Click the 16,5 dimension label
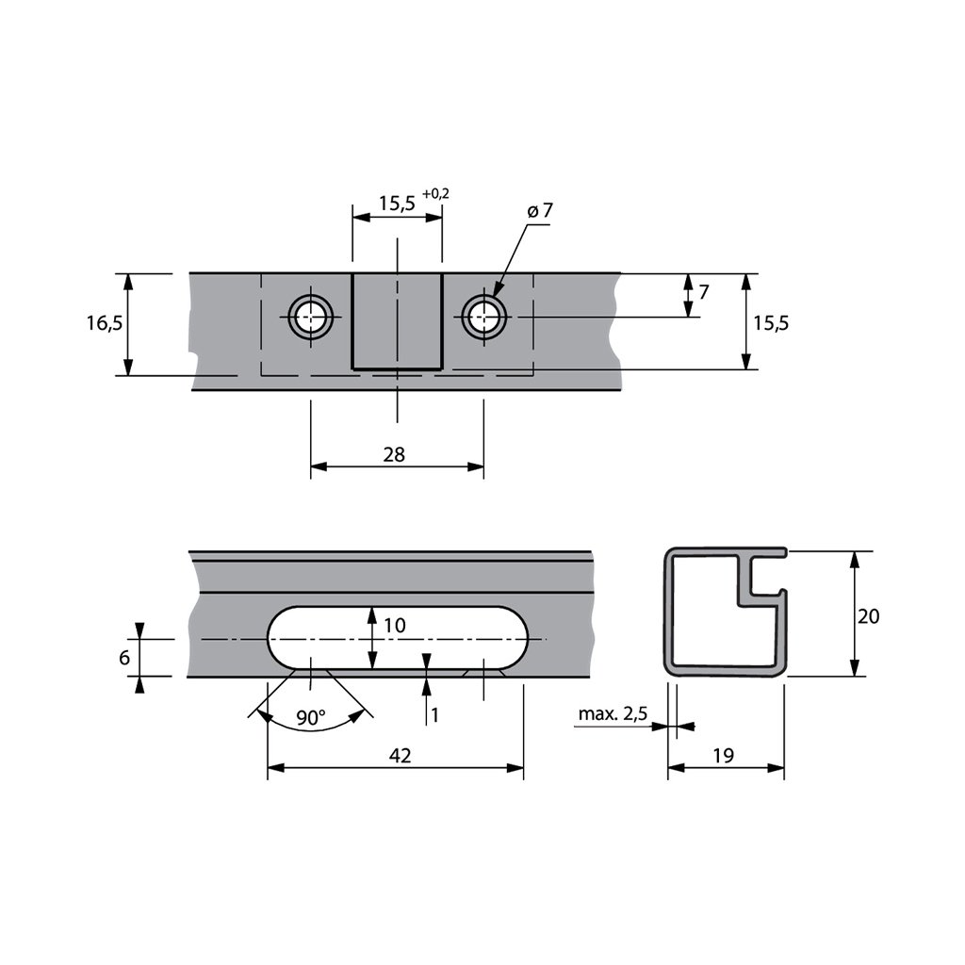tap(105, 323)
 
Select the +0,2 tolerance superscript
tap(436, 193)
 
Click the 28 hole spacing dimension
tap(395, 454)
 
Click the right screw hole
tap(483, 318)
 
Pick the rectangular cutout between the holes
tap(397, 320)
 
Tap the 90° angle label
tap(310, 718)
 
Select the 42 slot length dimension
tap(401, 756)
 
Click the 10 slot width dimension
tap(395, 625)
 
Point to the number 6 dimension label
tap(124, 658)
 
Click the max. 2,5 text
tap(613, 714)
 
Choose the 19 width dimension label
tap(724, 756)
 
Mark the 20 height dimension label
tap(869, 616)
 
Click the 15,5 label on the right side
tap(771, 322)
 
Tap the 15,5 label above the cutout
tap(397, 203)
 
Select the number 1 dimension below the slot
tap(434, 715)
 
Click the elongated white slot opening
tap(396, 638)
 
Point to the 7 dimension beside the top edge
tap(703, 291)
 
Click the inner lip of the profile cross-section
tap(751, 582)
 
